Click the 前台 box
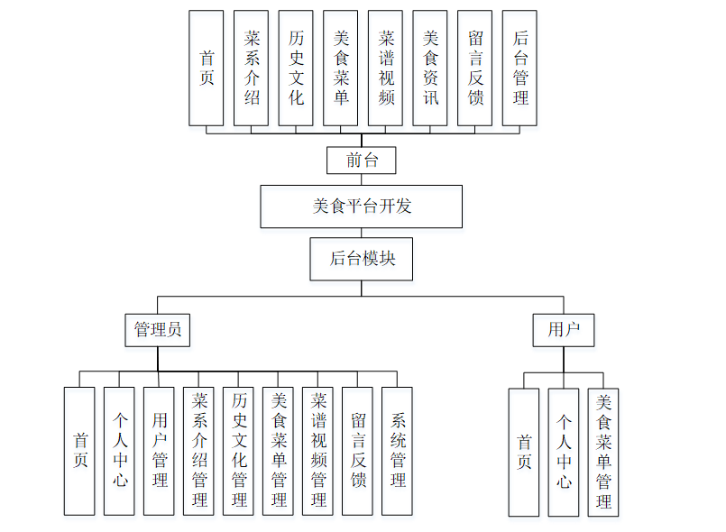(x=361, y=161)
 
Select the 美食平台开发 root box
(x=361, y=206)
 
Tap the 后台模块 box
(x=361, y=259)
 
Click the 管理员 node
(x=158, y=329)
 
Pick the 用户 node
(x=564, y=329)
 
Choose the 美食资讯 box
(x=430, y=68)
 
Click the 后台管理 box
(x=519, y=68)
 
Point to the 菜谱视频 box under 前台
(x=385, y=68)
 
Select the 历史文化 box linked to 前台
(x=296, y=68)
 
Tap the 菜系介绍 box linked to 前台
(x=251, y=68)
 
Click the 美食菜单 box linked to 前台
(x=341, y=68)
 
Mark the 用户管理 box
(x=159, y=450)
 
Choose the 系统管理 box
(x=397, y=450)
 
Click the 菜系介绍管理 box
(x=198, y=450)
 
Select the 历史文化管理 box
(x=238, y=450)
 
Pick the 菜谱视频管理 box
(x=317, y=450)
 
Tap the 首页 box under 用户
(x=524, y=452)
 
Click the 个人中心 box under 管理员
(x=119, y=450)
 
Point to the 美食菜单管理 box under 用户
(x=603, y=452)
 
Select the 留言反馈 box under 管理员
(x=357, y=450)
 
